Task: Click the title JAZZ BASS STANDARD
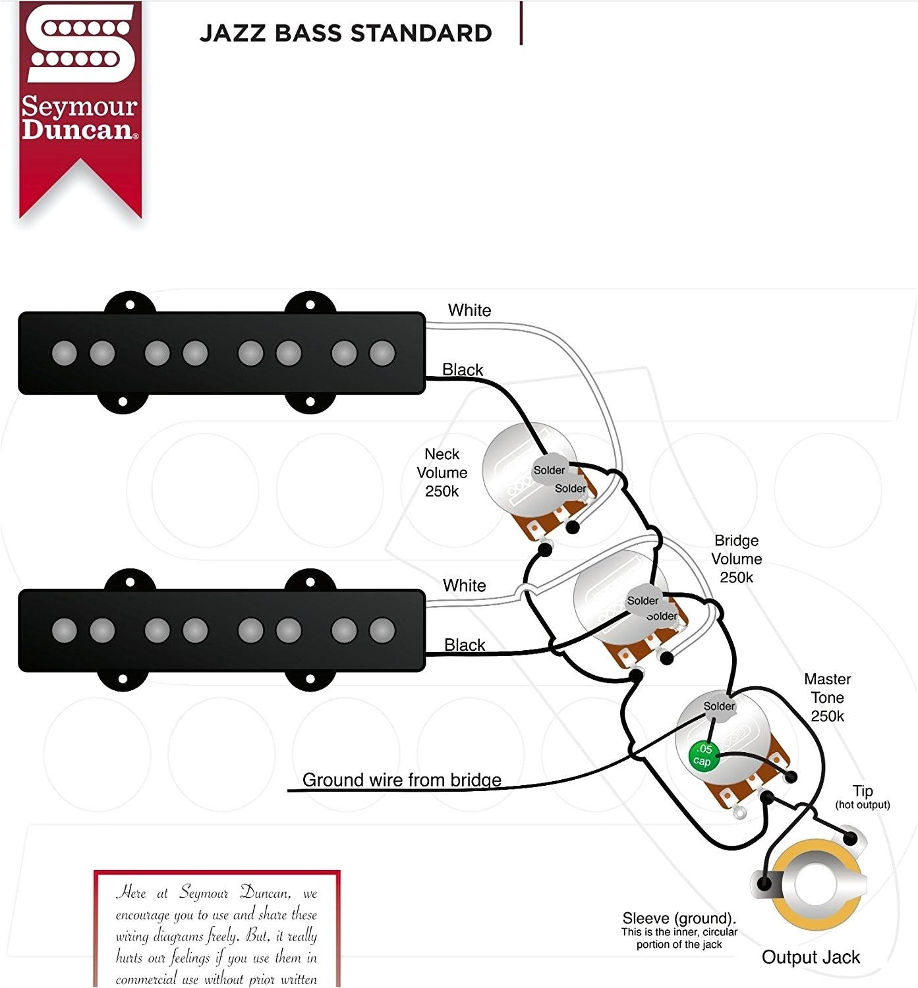click(x=346, y=33)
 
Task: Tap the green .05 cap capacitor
click(x=703, y=755)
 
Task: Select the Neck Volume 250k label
click(x=442, y=473)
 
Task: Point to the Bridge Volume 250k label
click(x=737, y=559)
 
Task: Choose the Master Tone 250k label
click(x=827, y=698)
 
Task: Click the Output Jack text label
click(x=811, y=957)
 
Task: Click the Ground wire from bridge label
click(x=401, y=780)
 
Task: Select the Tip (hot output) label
click(x=863, y=796)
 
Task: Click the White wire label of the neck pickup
click(x=469, y=310)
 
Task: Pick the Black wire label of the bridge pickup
click(x=465, y=645)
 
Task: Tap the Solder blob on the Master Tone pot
click(x=718, y=707)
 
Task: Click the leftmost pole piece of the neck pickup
click(x=64, y=353)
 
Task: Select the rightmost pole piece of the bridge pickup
click(x=382, y=630)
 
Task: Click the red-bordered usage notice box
click(x=217, y=929)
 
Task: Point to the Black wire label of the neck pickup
click(x=463, y=370)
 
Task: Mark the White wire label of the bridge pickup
click(x=465, y=586)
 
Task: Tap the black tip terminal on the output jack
click(x=851, y=838)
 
